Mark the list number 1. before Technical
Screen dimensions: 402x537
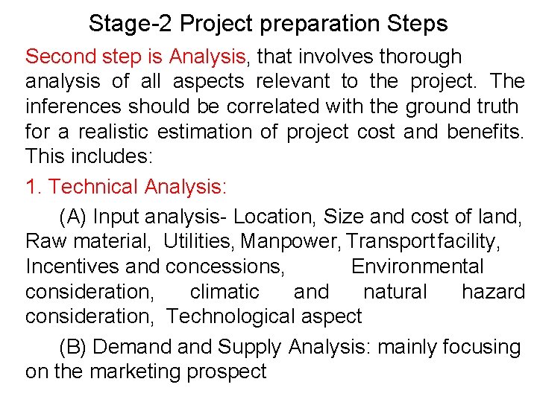coord(33,186)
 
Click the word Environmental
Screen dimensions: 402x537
coord(418,267)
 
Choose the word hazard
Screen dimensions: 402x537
coord(494,292)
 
